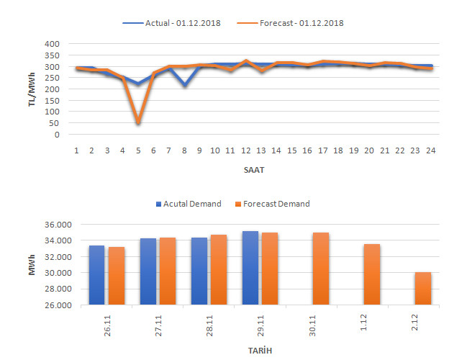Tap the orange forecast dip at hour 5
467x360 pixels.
[137, 123]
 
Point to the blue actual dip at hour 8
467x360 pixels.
[184, 86]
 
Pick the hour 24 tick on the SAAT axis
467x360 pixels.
[430, 150]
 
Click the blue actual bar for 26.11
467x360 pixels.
[96, 275]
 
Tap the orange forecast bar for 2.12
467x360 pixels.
[423, 289]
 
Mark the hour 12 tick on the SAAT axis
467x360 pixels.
[246, 150]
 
